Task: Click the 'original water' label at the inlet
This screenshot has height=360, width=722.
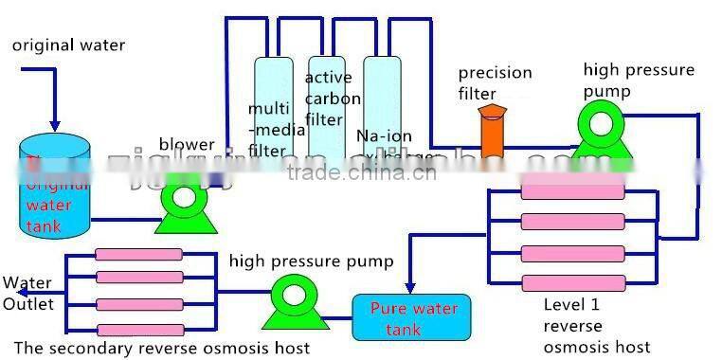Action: pos(67,45)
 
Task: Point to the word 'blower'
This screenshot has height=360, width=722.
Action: pos(186,144)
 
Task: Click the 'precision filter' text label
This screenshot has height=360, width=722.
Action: pos(494,81)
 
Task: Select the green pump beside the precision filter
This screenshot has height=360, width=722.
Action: pos(600,132)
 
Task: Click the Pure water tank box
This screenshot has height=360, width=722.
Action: pos(413,317)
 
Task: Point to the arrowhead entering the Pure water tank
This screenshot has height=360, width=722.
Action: pos(409,287)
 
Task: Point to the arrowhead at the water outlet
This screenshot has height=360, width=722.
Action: pos(8,292)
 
